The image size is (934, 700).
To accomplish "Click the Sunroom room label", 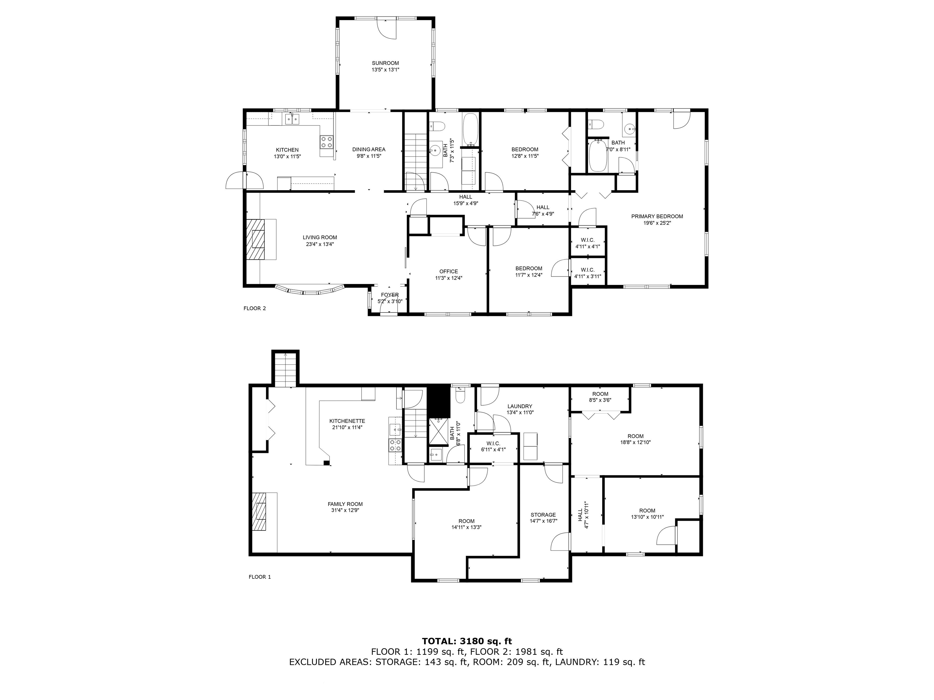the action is pyautogui.click(x=385, y=66).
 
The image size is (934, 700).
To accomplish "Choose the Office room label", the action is pyautogui.click(x=448, y=275).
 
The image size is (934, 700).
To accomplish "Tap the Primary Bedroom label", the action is pyautogui.click(x=657, y=219).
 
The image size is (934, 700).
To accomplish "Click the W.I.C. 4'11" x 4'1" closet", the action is pyautogui.click(x=588, y=243).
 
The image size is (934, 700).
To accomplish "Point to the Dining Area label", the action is pyautogui.click(x=368, y=152).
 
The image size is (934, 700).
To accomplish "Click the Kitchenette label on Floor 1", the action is pyautogui.click(x=347, y=424).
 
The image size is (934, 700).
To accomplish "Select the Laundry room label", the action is pyautogui.click(x=520, y=409).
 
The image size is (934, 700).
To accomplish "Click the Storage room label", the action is pyautogui.click(x=543, y=518).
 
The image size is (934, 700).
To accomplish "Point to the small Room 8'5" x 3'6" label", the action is pyautogui.click(x=600, y=397).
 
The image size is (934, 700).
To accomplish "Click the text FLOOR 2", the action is pyautogui.click(x=254, y=308).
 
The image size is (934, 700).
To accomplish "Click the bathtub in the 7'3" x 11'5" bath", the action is pyautogui.click(x=470, y=129).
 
